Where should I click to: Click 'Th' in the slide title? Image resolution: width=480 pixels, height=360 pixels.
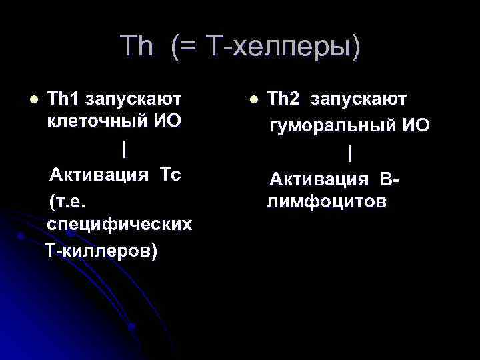click(137, 47)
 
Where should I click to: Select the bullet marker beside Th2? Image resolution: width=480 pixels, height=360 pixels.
click(253, 99)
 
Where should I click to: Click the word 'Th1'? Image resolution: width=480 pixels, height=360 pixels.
click(63, 99)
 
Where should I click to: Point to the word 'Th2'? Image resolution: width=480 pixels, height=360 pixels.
click(283, 99)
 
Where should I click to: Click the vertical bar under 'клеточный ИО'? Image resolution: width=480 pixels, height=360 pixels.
click(124, 149)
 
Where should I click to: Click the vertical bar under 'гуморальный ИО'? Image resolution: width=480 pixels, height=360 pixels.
click(349, 153)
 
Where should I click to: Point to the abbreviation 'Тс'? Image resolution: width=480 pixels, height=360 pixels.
click(171, 175)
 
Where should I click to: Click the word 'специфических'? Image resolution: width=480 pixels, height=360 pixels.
click(119, 225)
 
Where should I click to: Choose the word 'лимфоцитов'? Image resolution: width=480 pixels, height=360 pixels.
click(325, 202)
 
